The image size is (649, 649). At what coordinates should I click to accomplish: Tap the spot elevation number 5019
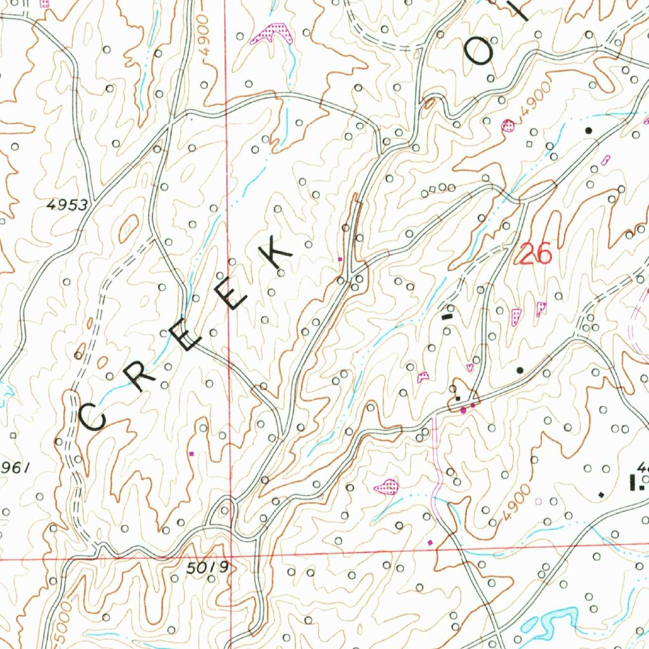(207, 568)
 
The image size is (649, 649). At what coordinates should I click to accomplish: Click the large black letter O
(480, 52)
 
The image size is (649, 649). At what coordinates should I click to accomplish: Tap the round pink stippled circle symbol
(508, 125)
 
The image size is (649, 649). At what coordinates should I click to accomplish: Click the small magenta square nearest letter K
(340, 259)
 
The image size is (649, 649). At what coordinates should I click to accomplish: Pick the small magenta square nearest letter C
(192, 453)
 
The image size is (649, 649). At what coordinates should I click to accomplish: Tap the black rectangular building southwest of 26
(449, 312)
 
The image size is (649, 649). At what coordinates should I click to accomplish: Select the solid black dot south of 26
(520, 369)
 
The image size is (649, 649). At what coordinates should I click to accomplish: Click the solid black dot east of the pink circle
(589, 130)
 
